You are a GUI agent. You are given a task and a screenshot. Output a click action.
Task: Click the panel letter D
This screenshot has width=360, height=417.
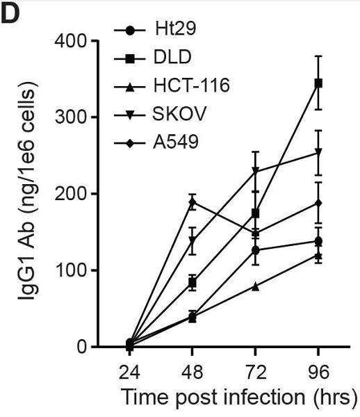pos(14,15)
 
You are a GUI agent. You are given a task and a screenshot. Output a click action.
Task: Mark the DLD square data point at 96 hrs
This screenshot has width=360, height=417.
pos(318,83)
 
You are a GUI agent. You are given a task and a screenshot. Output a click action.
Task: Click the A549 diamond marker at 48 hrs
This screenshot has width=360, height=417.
pos(193,202)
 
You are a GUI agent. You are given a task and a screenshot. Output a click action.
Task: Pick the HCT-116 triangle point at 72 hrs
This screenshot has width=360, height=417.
pos(256,286)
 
